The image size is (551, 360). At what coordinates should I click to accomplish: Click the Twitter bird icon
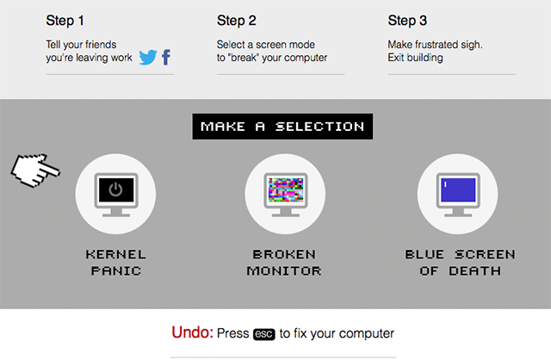click(148, 58)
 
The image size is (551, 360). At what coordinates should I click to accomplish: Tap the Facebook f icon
click(166, 58)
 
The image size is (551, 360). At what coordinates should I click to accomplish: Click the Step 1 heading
click(65, 21)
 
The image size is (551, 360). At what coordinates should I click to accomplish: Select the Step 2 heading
click(237, 21)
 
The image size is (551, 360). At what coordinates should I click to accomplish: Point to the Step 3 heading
click(407, 21)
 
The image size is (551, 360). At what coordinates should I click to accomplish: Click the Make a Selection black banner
click(282, 127)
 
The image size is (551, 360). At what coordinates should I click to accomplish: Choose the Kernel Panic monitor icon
click(116, 195)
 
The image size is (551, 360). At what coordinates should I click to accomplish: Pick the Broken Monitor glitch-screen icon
click(286, 195)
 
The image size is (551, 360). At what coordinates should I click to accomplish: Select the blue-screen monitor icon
click(458, 195)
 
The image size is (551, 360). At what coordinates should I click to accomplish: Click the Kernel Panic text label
click(116, 263)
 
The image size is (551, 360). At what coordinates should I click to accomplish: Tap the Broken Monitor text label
click(284, 263)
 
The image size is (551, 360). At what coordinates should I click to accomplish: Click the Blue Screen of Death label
click(461, 263)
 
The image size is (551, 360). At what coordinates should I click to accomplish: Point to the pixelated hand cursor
click(35, 171)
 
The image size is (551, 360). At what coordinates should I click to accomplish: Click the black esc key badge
click(264, 334)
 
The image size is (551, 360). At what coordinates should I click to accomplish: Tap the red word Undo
click(192, 332)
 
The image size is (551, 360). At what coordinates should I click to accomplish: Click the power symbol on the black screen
click(115, 189)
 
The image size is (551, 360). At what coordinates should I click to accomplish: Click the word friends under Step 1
click(101, 45)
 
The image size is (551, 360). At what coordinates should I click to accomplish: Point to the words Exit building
click(415, 58)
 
